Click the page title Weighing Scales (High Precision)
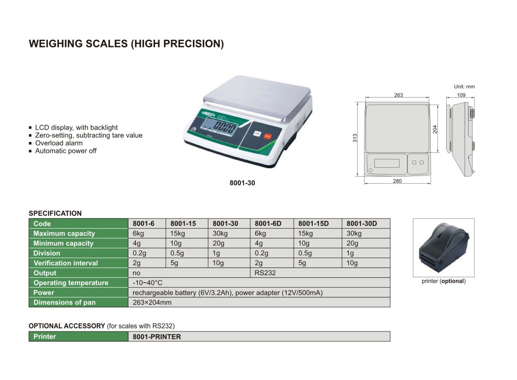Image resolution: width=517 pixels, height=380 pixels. pos(126,44)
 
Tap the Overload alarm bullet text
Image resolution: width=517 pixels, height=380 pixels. pos(59,143)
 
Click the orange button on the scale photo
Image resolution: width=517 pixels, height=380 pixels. pos(267,136)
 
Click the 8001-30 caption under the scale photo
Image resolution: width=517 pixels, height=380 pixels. pos(242,183)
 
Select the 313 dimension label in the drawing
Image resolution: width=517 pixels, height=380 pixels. pos(355,138)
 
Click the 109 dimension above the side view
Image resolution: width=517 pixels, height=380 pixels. pos(461,95)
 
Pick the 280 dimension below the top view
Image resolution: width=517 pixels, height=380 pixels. pos(397,181)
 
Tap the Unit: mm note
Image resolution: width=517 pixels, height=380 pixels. pos(464,87)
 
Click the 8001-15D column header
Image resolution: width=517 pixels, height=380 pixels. pos(314,224)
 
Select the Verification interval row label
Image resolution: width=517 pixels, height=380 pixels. pos(66,263)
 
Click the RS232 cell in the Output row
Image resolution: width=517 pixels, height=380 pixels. pos(265,273)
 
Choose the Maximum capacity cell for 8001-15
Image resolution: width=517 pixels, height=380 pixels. pos(177,233)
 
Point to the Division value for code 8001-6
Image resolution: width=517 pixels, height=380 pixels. pos(140,253)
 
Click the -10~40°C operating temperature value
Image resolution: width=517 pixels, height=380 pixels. pos(147,283)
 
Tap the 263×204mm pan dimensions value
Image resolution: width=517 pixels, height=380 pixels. pos(152,303)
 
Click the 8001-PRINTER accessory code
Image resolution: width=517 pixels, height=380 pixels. pos(157,337)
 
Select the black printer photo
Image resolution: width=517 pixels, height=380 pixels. pos(444,248)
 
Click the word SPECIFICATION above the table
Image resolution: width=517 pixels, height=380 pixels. pos(55,213)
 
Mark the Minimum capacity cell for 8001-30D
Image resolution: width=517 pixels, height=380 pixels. pos(352,243)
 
